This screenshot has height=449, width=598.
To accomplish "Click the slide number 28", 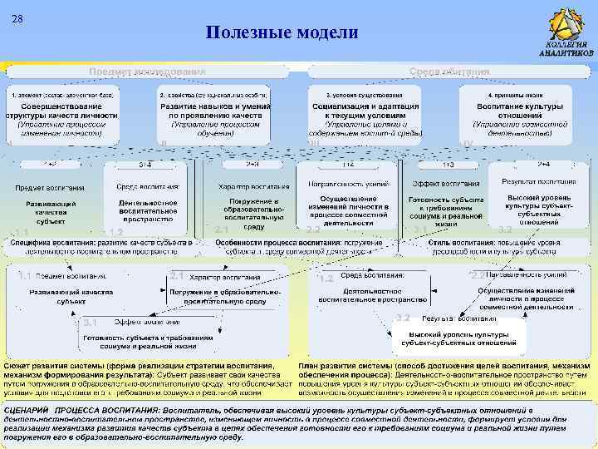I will coord(17,18).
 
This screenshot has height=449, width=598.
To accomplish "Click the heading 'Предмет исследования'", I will coord(147,72).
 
